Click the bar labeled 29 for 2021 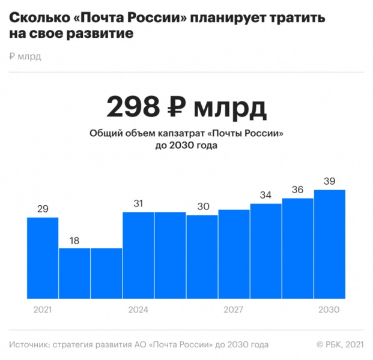pyautogui.click(x=43, y=258)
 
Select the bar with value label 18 pyautogui.click(x=74, y=273)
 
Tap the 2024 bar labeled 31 pyautogui.click(x=138, y=255)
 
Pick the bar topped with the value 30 pyautogui.click(x=202, y=257)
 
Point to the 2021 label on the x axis pyautogui.click(x=43, y=310)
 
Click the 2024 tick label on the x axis pyautogui.click(x=138, y=310)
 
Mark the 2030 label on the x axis pyautogui.click(x=329, y=310)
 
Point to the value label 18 pyautogui.click(x=74, y=240)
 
